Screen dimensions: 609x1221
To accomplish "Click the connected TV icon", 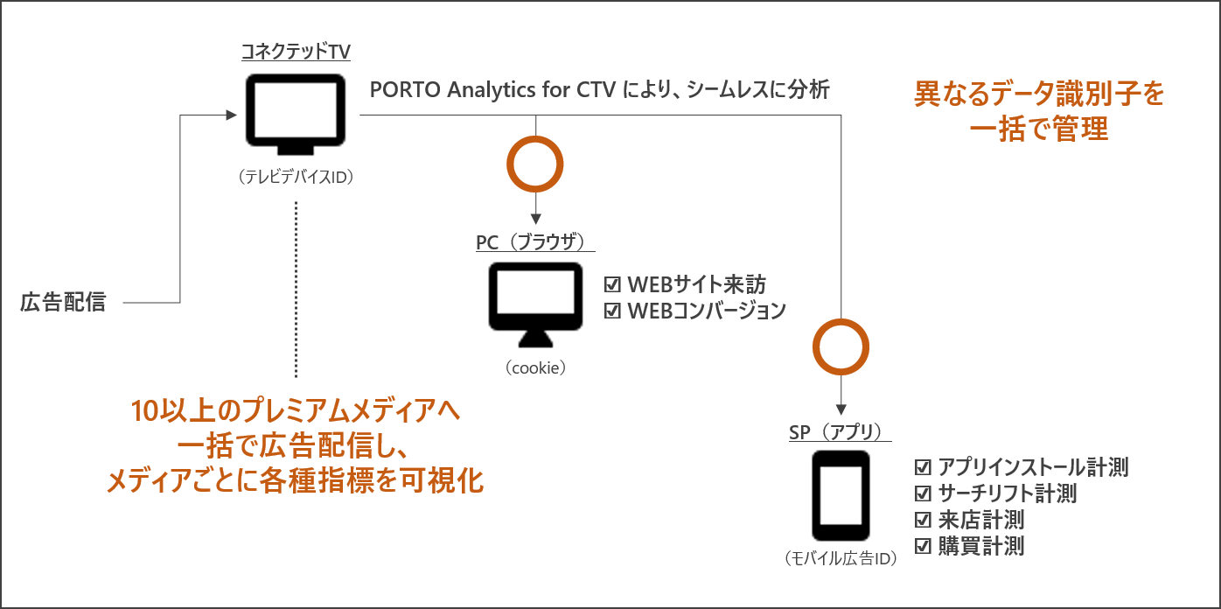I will (x=294, y=112).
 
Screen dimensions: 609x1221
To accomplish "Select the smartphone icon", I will (x=841, y=496).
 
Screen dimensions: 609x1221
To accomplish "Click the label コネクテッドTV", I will (x=296, y=52).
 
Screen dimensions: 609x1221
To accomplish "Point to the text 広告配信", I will (x=63, y=303).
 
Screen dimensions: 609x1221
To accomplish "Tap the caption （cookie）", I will (x=535, y=368).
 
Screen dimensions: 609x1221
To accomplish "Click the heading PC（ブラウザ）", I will (x=530, y=242).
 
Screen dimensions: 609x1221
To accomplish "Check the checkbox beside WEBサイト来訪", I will (x=612, y=285).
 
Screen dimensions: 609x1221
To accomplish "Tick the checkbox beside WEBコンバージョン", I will (x=612, y=310).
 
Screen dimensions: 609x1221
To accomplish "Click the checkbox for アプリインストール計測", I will (x=922, y=467).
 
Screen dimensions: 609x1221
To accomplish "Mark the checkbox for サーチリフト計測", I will (x=922, y=493).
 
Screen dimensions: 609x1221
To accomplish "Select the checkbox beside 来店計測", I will (x=922, y=520).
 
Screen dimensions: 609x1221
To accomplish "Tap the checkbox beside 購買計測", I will (x=922, y=546).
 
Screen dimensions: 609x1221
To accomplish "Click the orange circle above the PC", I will (x=535, y=163).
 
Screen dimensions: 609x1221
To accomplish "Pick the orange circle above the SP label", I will (x=841, y=346).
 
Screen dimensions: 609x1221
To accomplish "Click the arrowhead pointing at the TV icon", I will (x=232, y=115).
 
